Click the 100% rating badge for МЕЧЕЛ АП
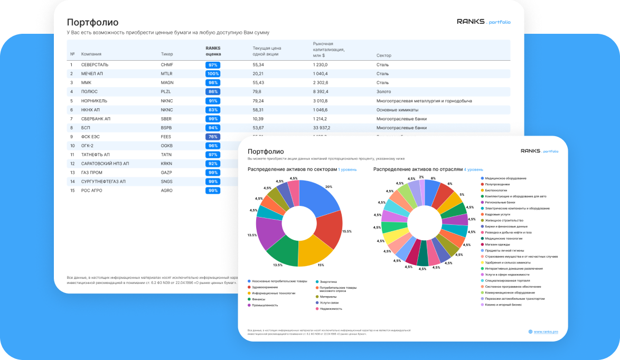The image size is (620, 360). click(x=213, y=74)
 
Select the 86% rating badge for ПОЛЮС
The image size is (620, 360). click(x=213, y=92)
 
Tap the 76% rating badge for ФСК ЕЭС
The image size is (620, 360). click(x=213, y=137)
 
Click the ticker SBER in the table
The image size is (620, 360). click(x=167, y=119)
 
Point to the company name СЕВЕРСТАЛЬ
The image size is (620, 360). click(x=95, y=65)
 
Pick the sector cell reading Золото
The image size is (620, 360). click(x=383, y=92)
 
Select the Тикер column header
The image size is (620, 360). click(x=167, y=54)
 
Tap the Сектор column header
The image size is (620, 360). click(x=384, y=55)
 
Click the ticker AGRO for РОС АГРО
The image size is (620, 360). click(x=167, y=191)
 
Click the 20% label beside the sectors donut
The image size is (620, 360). click(x=328, y=187)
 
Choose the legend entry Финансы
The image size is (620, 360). click(x=259, y=299)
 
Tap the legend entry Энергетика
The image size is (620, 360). click(x=328, y=282)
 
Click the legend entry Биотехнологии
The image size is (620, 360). click(x=495, y=191)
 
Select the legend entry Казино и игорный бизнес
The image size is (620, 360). click(x=503, y=305)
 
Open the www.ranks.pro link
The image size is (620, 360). click(x=546, y=331)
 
